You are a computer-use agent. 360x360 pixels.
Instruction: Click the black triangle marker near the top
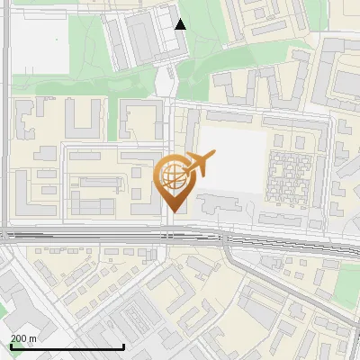pyautogui.click(x=181, y=24)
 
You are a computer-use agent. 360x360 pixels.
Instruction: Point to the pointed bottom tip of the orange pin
pyautogui.click(x=172, y=211)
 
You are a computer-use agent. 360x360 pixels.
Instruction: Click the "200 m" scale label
pyautogui.click(x=24, y=338)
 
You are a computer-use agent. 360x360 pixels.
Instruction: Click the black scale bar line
pyautogui.click(x=67, y=346)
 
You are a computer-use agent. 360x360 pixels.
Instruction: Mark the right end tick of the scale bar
pyautogui.click(x=123, y=345)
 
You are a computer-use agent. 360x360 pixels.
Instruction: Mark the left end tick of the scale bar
pyautogui.click(x=11, y=345)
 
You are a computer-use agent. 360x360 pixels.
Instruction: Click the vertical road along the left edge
pyautogui.click(x=5, y=135)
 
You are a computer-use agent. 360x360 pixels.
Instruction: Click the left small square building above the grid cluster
pyautogui.click(x=278, y=141)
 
